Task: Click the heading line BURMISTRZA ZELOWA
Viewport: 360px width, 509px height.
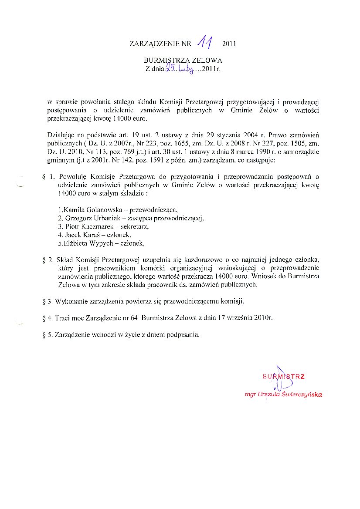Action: click(183, 60)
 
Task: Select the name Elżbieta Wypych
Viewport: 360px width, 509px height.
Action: click(90, 243)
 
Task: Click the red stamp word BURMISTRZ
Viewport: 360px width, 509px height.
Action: click(283, 376)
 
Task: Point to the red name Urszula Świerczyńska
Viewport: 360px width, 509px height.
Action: click(295, 394)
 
